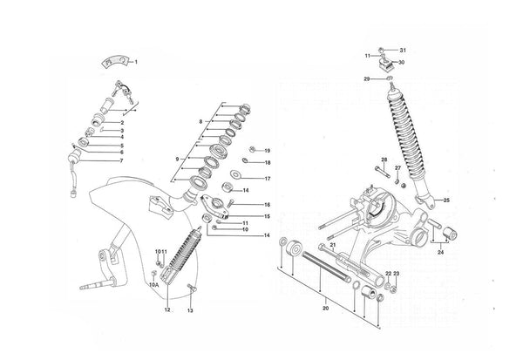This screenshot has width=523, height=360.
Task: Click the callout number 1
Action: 136,62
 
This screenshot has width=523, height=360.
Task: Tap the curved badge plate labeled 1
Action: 115,62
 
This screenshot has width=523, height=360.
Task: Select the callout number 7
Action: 122,160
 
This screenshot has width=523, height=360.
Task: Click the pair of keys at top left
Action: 123,90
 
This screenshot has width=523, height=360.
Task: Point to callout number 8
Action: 200,122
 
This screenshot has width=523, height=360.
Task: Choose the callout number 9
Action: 178,160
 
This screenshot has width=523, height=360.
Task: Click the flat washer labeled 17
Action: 236,173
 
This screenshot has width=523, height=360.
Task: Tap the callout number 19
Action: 268,151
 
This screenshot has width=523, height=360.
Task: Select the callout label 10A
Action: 154,285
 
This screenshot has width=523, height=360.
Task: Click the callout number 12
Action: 167,309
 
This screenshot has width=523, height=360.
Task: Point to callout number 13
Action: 190,310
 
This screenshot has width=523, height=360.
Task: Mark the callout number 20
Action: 325,309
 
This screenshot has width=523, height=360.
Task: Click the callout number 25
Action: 446,200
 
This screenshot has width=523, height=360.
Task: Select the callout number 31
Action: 403,51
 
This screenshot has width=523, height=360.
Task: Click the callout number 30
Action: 401,63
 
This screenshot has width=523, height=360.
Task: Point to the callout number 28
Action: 384,160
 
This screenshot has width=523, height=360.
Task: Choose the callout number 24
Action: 440,252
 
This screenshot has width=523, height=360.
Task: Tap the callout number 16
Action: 268,205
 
